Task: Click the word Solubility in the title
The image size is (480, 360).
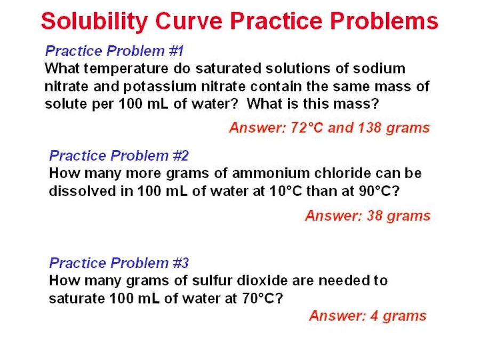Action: pyautogui.click(x=94, y=21)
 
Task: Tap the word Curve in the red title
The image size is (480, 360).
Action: pyautogui.click(x=189, y=21)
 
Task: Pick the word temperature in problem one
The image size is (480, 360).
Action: pyautogui.click(x=126, y=69)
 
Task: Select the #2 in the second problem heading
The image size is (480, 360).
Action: pyautogui.click(x=181, y=156)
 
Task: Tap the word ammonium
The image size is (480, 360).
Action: pyautogui.click(x=270, y=173)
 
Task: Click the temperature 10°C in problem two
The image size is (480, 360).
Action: pyautogui.click(x=286, y=191)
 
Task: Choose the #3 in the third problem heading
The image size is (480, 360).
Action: pyautogui.click(x=181, y=262)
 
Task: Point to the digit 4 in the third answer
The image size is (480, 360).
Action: pyautogui.click(x=374, y=316)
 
